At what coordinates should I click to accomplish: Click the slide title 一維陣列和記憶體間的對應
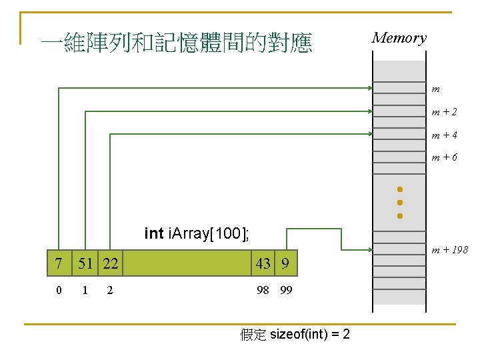[x=176, y=44]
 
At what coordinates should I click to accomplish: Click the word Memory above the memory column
[x=399, y=38]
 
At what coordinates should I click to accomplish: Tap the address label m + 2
[x=443, y=112]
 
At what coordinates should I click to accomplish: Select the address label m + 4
[x=443, y=135]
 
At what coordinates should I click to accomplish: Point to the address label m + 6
[x=443, y=158]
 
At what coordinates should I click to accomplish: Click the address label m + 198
[x=449, y=250]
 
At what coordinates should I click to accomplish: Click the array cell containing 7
[x=59, y=263]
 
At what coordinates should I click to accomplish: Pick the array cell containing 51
[x=85, y=263]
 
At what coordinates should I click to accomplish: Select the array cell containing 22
[x=110, y=263]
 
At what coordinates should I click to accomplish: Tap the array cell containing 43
[x=263, y=263]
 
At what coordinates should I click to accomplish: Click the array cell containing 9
[x=285, y=263]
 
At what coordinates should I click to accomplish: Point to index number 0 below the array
[x=59, y=290]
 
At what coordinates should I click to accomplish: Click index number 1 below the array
[x=84, y=290]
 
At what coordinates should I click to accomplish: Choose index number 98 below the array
[x=263, y=290]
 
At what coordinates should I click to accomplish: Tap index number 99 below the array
[x=286, y=290]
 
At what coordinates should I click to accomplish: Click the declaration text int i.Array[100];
[x=197, y=233]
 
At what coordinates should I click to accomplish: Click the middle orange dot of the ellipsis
[x=399, y=202]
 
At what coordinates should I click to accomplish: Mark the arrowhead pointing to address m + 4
[x=369, y=134]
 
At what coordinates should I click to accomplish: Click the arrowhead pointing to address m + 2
[x=369, y=111]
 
